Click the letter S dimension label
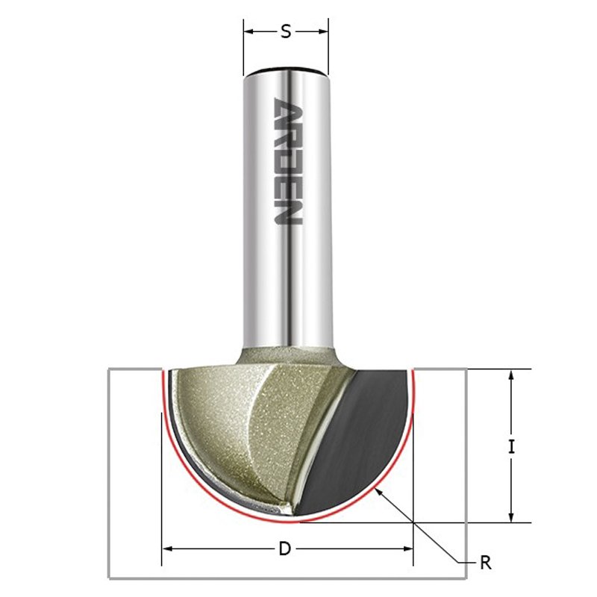[x=286, y=31]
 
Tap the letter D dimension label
[x=285, y=548]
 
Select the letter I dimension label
[x=512, y=446]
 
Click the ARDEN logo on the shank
[x=288, y=161]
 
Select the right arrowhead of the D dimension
[x=407, y=548]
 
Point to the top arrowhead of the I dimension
[x=511, y=376]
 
